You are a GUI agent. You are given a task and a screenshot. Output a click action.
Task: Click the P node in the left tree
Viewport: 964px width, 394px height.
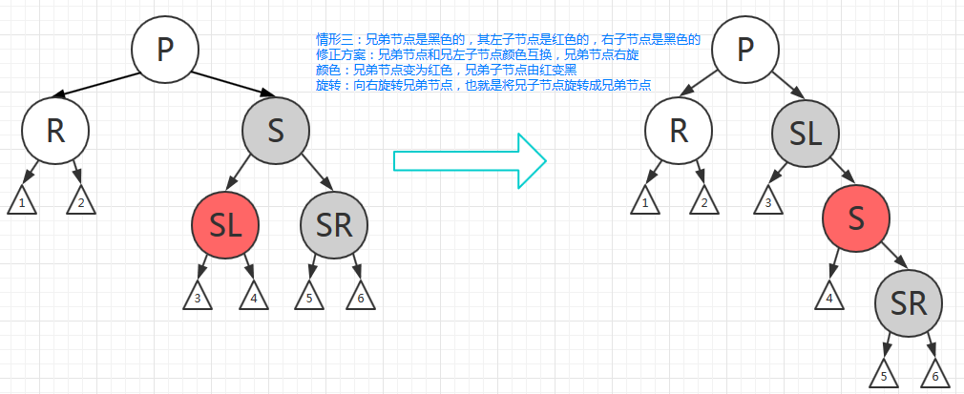tap(164, 49)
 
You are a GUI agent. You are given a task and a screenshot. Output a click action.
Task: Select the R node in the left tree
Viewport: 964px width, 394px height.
tap(55, 131)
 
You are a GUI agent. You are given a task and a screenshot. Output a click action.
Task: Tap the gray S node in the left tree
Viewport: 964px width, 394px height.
tap(276, 131)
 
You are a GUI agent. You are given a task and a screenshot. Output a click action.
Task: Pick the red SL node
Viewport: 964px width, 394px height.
tap(224, 224)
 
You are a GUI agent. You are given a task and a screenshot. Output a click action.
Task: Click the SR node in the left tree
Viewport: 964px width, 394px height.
tap(333, 224)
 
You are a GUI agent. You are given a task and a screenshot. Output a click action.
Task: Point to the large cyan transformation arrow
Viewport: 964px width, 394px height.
tap(470, 161)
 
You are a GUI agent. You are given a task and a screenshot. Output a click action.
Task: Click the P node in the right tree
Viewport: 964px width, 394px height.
tap(746, 49)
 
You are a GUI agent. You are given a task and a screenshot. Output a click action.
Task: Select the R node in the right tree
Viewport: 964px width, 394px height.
tap(679, 131)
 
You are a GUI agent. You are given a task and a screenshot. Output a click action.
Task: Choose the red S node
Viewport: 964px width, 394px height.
tap(856, 217)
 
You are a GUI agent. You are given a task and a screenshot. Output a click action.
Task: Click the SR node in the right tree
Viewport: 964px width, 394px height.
tap(909, 302)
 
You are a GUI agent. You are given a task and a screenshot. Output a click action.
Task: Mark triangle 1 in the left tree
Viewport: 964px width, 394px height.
tap(22, 202)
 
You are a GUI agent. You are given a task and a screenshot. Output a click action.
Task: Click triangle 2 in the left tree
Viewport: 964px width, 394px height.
tap(81, 202)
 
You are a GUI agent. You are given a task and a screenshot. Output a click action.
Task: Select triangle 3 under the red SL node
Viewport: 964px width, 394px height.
tap(198, 298)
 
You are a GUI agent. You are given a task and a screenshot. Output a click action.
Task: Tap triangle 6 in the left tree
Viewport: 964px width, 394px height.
tap(361, 298)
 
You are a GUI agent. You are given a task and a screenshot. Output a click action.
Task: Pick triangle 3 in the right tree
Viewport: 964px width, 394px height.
tap(768, 202)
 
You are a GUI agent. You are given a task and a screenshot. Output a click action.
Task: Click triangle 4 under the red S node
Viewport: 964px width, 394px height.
tap(828, 298)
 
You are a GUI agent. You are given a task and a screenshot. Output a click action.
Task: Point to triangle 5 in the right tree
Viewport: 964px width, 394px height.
tap(883, 375)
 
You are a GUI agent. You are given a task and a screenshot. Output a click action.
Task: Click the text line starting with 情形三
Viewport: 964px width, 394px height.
tap(508, 40)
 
